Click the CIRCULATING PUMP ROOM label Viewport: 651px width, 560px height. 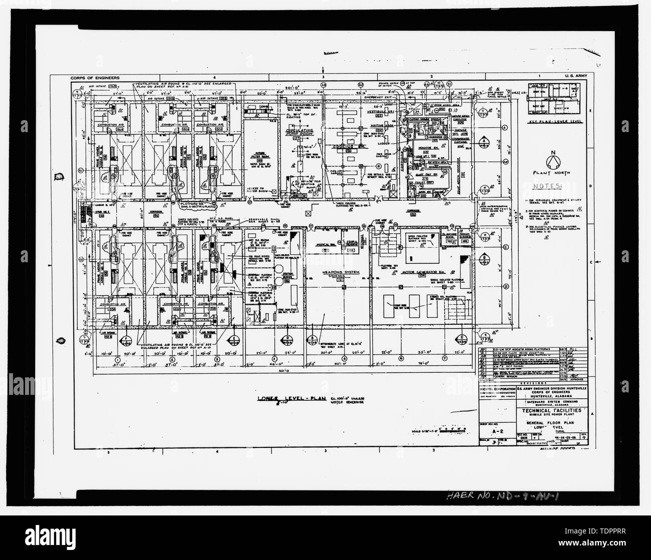pyautogui.click(x=299, y=132)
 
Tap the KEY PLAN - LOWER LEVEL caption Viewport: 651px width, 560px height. pyautogui.click(x=554, y=122)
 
